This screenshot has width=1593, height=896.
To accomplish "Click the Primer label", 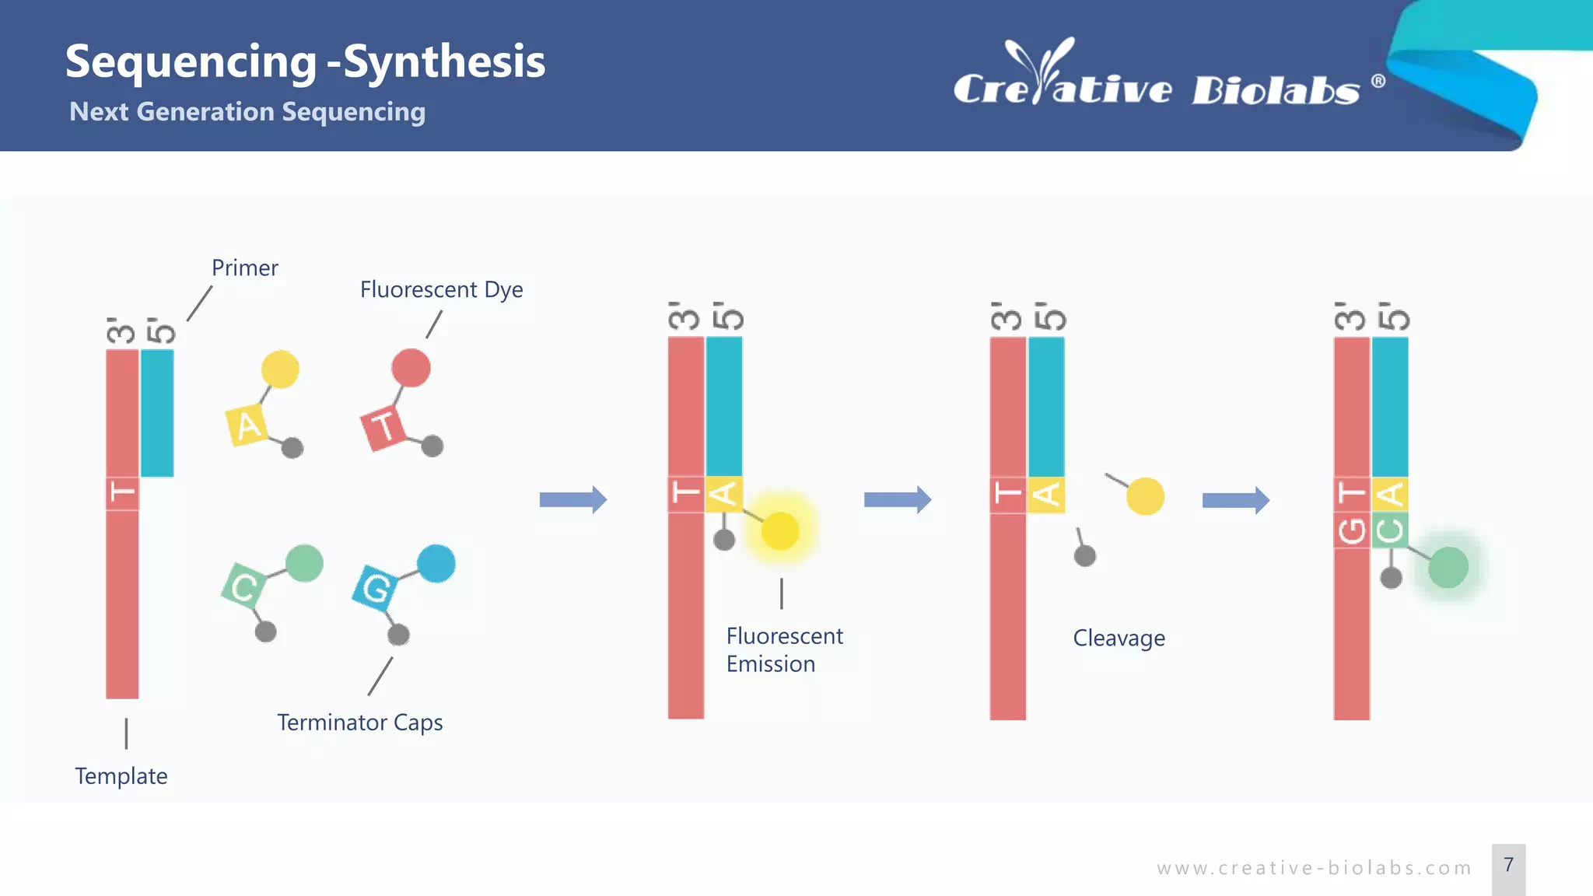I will (x=244, y=268).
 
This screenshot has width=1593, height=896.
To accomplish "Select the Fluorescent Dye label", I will (x=441, y=290).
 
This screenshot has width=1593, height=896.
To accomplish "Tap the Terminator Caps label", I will (x=359, y=723).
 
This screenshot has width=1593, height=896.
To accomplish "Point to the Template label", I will (x=121, y=776).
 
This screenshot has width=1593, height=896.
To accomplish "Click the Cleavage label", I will (x=1119, y=639).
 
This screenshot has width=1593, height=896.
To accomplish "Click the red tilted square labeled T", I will (x=383, y=428).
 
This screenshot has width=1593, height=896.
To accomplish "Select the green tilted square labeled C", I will (x=243, y=587).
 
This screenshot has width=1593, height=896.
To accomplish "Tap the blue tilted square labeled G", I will (x=376, y=588).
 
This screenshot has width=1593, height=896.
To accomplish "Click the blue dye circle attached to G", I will (x=436, y=564).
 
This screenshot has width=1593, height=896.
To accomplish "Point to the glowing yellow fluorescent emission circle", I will (x=780, y=531).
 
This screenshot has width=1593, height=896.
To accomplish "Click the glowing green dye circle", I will (x=1448, y=567).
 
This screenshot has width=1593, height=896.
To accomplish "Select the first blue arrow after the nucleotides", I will (x=572, y=499).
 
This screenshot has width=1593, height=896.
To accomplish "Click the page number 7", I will (x=1508, y=866).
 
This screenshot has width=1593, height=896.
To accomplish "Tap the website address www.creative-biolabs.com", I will (x=1314, y=868).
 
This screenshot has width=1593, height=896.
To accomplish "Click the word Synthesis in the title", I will (x=444, y=61).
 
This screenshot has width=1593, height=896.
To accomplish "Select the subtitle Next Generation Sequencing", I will (x=247, y=112).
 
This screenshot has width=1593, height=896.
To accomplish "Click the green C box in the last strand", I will (x=1390, y=530).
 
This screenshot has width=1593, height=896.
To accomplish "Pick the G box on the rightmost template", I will (x=1352, y=530).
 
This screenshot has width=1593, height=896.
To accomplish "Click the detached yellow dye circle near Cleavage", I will (x=1145, y=496).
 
